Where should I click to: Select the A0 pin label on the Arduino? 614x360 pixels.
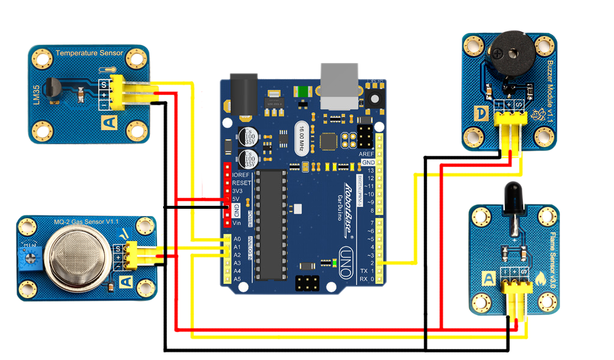[237, 238]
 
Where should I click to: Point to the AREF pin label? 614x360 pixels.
[366, 154]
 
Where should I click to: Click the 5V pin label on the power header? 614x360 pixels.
[236, 199]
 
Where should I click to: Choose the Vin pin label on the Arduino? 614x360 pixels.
[237, 223]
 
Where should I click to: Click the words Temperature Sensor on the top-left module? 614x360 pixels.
[89, 53]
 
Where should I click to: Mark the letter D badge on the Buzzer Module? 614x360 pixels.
[480, 113]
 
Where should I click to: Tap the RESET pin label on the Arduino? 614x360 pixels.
[242, 182]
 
